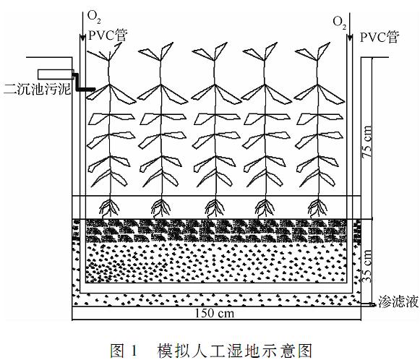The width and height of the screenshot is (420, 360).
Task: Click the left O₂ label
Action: tap(94, 17)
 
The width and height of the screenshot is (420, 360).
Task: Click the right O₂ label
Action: tap(339, 23)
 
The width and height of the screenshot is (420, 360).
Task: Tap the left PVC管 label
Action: tap(108, 35)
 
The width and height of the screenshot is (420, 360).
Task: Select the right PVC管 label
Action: tap(380, 38)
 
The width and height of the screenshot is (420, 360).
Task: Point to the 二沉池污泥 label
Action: tap(38, 89)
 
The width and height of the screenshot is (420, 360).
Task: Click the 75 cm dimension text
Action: tap(367, 142)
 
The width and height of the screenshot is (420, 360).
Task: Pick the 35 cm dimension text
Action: tap(367, 266)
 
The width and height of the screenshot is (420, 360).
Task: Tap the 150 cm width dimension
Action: tap(214, 313)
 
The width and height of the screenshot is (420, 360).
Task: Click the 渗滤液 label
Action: tap(398, 301)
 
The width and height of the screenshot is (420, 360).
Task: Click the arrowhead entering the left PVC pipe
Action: tap(82, 38)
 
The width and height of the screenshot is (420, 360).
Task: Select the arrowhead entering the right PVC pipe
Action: tap(349, 38)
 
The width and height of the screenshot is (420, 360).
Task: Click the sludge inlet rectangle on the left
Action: tap(56, 74)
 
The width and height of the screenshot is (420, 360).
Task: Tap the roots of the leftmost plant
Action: tap(109, 208)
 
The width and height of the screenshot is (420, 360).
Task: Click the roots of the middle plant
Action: tap(215, 208)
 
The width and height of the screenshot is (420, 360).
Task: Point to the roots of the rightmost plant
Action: tap(319, 208)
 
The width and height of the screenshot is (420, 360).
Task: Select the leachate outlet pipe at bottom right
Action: tap(367, 304)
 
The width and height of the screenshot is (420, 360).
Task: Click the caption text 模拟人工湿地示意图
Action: tap(235, 351)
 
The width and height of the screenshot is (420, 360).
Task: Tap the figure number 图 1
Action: tap(124, 351)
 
